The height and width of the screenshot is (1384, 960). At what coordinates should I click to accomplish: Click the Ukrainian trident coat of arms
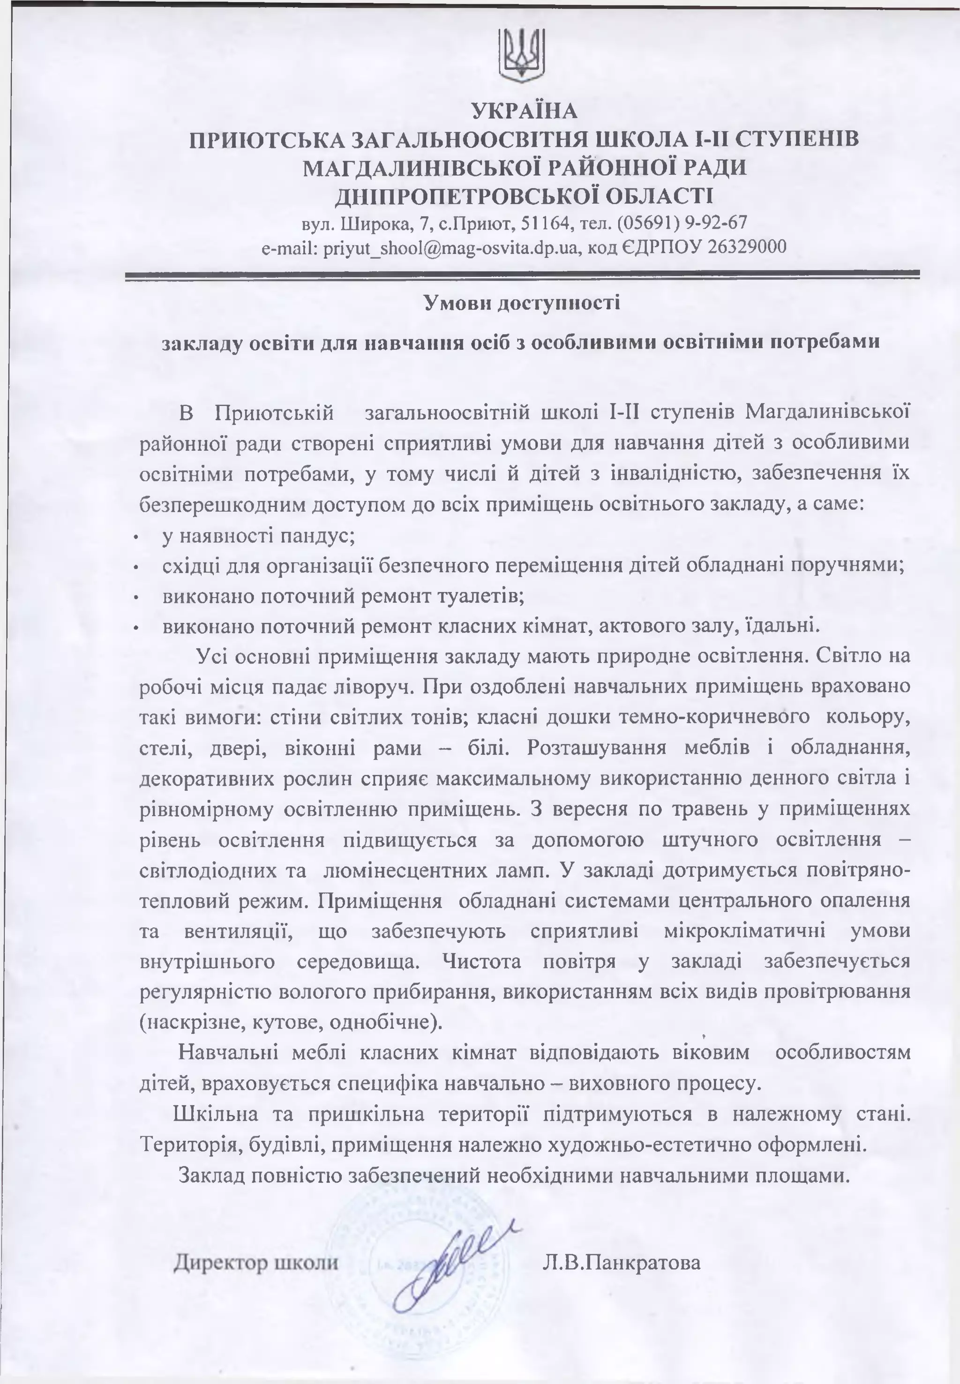pos(522,54)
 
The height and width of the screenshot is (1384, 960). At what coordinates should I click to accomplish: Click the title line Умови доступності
pos(522,302)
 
